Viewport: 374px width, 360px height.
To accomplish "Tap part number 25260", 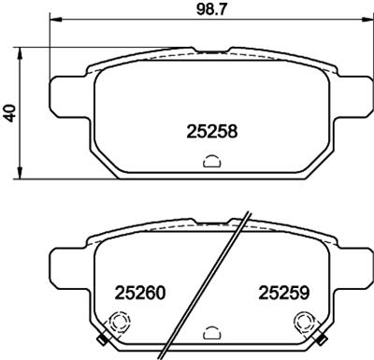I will [x=139, y=293].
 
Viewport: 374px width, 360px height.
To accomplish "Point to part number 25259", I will [x=283, y=293].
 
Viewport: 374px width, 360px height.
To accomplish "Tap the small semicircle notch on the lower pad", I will [x=210, y=331].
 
